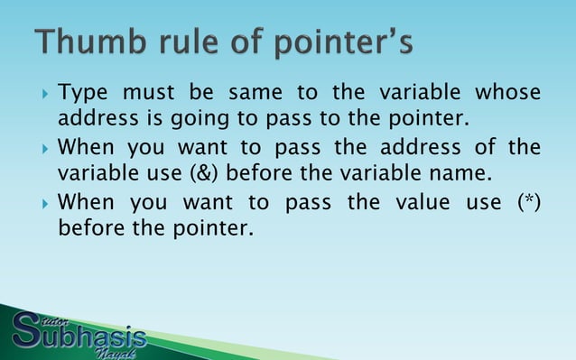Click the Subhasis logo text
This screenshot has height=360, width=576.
tap(90, 336)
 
